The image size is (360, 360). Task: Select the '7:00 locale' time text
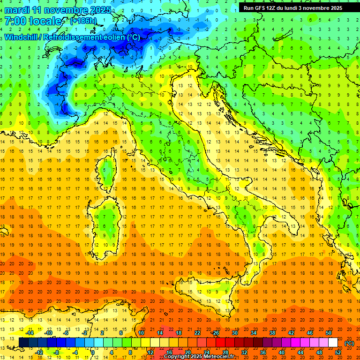click(33, 21)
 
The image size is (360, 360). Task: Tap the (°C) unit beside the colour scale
click(349, 343)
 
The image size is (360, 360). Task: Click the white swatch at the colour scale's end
click(333, 342)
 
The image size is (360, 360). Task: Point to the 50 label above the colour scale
click(328, 333)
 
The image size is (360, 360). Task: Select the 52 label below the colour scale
click(337, 352)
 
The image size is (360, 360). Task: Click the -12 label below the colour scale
click(39, 352)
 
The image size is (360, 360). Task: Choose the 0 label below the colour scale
click(93, 352)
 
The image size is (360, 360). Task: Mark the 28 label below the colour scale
click(225, 352)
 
